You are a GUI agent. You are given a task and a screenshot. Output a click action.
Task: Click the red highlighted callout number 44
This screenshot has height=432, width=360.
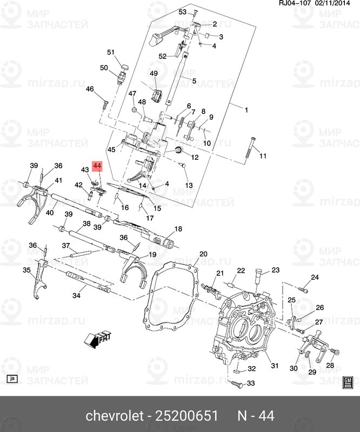(x=97, y=166)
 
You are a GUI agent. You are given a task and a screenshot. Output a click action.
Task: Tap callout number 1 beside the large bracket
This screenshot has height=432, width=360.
(x=246, y=110)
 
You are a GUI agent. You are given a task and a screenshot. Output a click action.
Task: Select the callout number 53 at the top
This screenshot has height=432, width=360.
(x=182, y=12)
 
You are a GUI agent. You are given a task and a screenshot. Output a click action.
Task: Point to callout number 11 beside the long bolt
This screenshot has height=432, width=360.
(x=263, y=157)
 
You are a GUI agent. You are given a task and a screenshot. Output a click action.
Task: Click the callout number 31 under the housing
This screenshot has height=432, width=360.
(x=275, y=366)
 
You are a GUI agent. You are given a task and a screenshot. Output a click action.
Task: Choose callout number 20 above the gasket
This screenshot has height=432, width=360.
(x=203, y=254)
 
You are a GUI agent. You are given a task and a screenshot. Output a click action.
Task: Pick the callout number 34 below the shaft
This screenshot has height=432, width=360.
(x=76, y=295)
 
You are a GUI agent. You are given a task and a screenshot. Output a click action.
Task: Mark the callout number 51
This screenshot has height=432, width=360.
(x=111, y=52)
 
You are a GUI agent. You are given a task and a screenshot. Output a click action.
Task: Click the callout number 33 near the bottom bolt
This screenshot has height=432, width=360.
(x=251, y=383)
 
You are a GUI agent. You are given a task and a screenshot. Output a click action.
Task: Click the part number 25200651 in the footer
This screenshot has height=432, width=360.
(x=187, y=416)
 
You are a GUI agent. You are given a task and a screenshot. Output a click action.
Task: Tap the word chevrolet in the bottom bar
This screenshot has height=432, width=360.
(x=112, y=416)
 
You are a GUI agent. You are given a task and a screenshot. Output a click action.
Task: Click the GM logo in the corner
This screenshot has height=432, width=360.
(x=348, y=382)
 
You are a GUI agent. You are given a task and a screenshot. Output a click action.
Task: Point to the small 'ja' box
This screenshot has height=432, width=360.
(x=13, y=380)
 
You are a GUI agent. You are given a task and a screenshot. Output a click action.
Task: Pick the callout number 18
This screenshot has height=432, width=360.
(x=178, y=228)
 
